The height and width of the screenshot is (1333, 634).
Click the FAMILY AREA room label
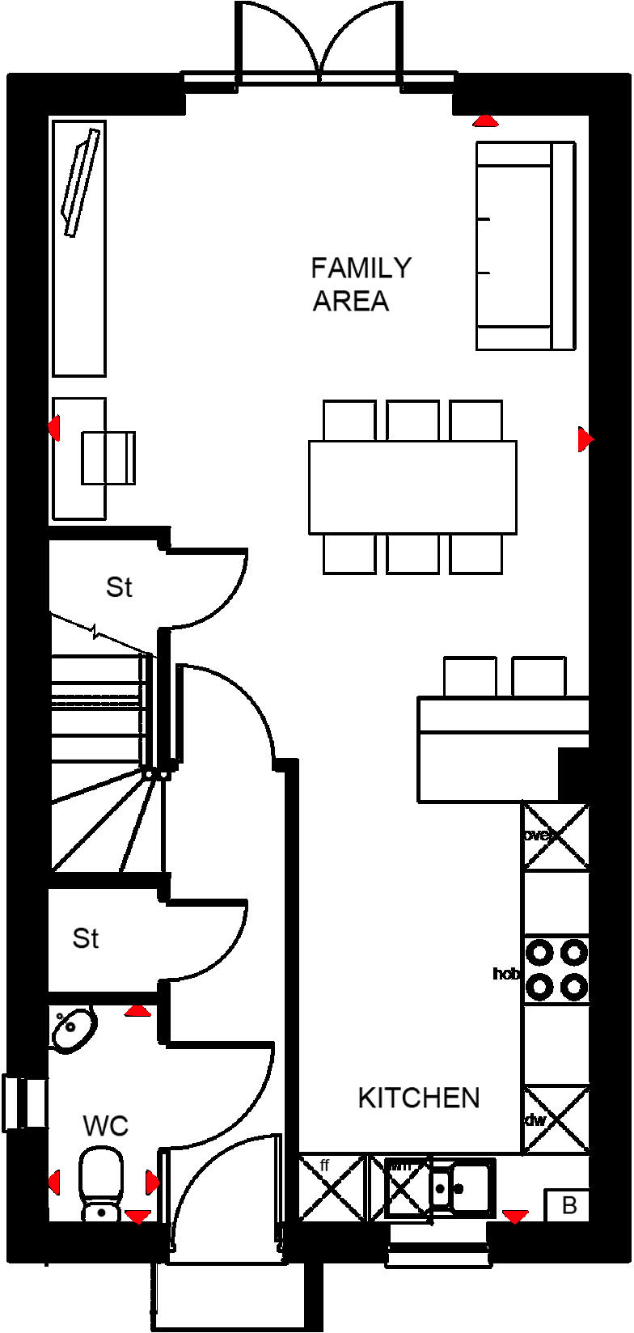pyautogui.click(x=361, y=284)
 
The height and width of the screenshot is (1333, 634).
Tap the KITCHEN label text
pyautogui.click(x=418, y=1098)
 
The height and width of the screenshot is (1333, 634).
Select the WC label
pyautogui.click(x=105, y=1126)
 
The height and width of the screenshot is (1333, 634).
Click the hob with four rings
pyautogui.click(x=556, y=970)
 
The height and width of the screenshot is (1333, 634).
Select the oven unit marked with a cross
pyautogui.click(x=556, y=836)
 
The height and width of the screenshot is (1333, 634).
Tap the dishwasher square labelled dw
pyautogui.click(x=556, y=1119)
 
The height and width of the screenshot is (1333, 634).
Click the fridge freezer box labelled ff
pyautogui.click(x=332, y=1187)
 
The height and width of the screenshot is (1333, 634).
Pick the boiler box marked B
pyautogui.click(x=569, y=1205)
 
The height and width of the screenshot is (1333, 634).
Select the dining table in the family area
pyautogui.click(x=412, y=487)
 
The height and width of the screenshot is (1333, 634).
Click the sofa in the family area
pyautogui.click(x=526, y=246)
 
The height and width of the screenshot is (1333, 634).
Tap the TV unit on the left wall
pyautogui.click(x=79, y=248)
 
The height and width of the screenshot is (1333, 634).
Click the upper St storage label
pyautogui.click(x=119, y=587)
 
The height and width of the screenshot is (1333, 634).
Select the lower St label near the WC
pyautogui.click(x=86, y=938)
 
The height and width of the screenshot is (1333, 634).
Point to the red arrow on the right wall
pyautogui.click(x=585, y=439)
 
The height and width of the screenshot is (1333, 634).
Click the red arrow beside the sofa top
pyautogui.click(x=485, y=121)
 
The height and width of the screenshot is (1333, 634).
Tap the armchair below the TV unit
pyautogui.click(x=108, y=458)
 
